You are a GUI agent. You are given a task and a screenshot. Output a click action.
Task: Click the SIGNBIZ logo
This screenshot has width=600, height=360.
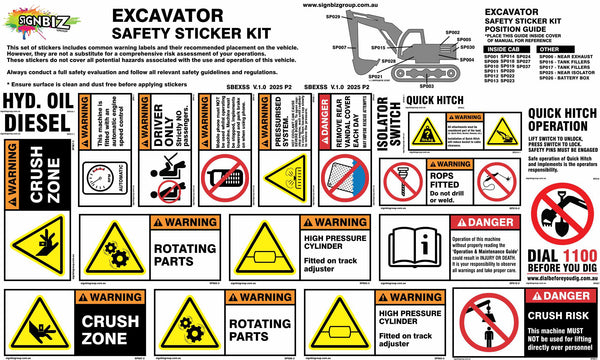(39, 18)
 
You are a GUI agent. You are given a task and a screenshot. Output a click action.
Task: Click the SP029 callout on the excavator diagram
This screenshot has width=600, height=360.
(334, 17)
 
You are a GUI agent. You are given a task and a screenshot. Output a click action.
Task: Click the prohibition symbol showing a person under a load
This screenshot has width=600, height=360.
(490, 322)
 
